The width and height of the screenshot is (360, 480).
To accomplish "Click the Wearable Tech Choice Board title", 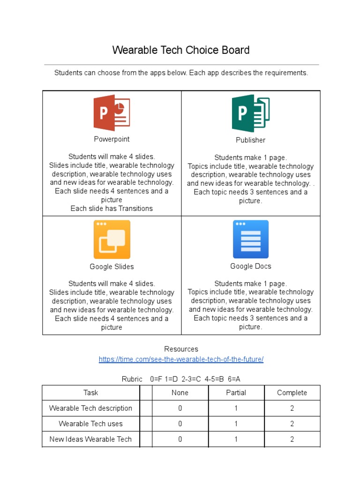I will [x=180, y=50].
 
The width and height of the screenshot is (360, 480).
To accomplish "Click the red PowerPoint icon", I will [x=112, y=113].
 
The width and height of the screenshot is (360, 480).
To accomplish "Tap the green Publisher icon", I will [x=251, y=113].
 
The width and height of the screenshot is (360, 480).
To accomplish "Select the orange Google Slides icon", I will [x=112, y=240].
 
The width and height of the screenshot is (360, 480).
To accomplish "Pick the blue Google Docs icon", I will [x=251, y=239].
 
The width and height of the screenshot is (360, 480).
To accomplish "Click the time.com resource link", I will [x=181, y=360].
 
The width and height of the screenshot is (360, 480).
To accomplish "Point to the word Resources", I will [x=181, y=349].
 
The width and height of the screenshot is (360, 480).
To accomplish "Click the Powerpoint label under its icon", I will [x=112, y=139].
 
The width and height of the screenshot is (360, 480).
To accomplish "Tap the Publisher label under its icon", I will [x=251, y=140].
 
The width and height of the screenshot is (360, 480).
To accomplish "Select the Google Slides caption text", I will [x=112, y=267].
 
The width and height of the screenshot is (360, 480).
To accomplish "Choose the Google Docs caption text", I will [x=251, y=266].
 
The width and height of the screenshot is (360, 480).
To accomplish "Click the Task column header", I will [x=91, y=393].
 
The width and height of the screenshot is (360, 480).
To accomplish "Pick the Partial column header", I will [x=236, y=393].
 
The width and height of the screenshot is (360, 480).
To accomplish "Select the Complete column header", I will [x=292, y=393].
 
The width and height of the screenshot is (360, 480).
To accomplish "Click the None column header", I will [x=180, y=393].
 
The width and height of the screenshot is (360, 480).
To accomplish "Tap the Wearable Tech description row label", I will [x=91, y=408].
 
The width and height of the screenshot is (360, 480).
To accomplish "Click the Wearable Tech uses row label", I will [x=91, y=424].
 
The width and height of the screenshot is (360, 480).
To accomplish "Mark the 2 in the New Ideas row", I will [x=292, y=439].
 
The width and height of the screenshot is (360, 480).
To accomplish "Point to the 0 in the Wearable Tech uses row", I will [x=180, y=424].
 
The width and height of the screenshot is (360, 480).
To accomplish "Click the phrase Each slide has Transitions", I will [x=112, y=209].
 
